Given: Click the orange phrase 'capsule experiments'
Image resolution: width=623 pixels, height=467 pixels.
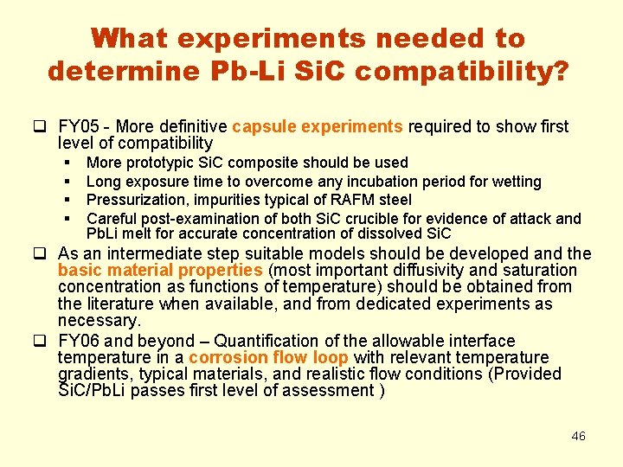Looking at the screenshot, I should (318, 127).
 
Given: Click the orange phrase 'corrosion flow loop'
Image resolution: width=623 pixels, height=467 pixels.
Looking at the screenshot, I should (270, 358).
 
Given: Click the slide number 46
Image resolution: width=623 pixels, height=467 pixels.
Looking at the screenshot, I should (578, 436).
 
